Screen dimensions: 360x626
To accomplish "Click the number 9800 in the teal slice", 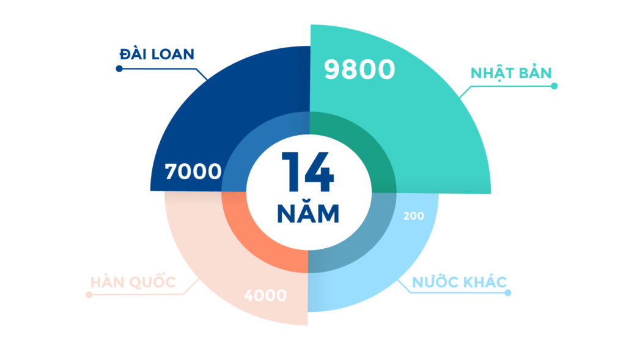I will coord(359,70).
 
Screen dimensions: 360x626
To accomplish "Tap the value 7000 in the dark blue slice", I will coord(193,172).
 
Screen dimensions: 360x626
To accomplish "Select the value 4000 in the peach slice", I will coord(265,296).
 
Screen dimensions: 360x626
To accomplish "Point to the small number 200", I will coord(413,216).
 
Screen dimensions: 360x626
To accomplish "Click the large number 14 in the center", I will coord(307,173).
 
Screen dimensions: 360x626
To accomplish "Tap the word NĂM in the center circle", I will coord(307,213).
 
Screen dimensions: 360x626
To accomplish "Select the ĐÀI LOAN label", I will coord(157,54).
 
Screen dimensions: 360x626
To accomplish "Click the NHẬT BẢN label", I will coord(511,73).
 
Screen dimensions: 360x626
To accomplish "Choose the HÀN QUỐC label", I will coord(133,282).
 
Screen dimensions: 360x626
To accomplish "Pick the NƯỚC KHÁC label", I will coord(460,282).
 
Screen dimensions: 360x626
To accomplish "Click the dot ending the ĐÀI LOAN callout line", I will coord(119,69).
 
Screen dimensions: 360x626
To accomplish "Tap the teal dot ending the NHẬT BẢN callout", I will coord(554,86).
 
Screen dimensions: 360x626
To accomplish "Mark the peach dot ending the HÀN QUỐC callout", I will coord(90,295).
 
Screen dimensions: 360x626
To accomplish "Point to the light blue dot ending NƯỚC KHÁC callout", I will coord(508,293).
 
